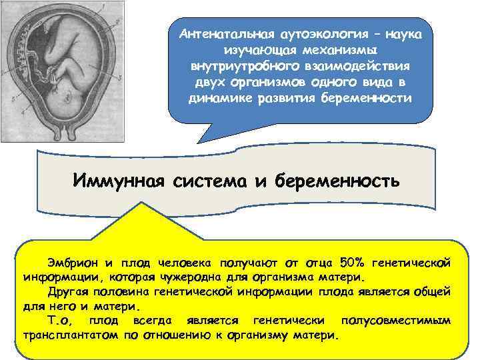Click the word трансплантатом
71,335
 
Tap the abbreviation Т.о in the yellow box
61,320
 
